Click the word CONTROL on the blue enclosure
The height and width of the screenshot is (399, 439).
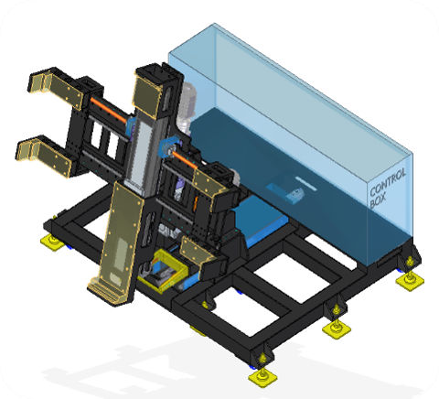point(388,182)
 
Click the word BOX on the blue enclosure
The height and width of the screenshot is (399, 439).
point(378,200)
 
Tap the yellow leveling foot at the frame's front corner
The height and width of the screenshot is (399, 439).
point(262,377)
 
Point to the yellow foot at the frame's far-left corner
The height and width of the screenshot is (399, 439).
point(53,242)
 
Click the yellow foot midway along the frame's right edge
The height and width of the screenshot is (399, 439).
point(337,329)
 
